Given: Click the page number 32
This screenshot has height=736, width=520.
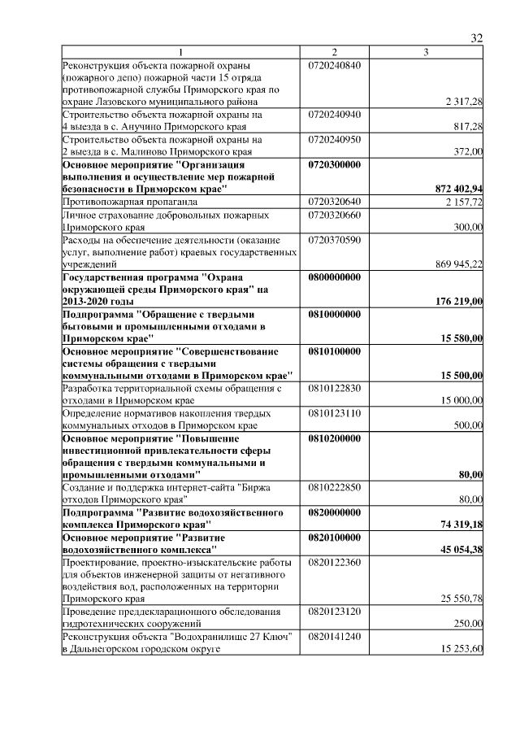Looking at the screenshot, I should [477, 38].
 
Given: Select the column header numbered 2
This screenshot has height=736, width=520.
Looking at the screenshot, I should [334, 53].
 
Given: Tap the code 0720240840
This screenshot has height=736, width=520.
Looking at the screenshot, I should [334, 65].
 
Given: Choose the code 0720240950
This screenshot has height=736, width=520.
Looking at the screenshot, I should [334, 139].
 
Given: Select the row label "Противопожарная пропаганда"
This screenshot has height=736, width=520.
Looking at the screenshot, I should [120, 201].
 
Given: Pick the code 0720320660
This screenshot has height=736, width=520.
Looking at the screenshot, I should [334, 214].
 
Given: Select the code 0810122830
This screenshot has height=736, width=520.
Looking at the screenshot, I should [334, 388].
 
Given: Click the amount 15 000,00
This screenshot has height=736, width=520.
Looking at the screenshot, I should [462, 400].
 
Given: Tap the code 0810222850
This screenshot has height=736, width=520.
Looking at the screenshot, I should [334, 486].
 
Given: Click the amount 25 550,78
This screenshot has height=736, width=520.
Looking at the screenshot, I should [462, 599].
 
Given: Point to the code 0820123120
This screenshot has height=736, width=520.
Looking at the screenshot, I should [334, 611].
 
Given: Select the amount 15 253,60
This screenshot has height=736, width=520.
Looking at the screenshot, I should [462, 648].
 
